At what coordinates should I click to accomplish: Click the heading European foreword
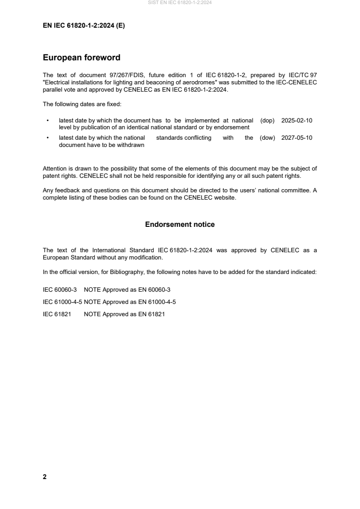pyautogui.click(x=81, y=58)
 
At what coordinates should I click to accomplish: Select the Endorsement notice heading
pyautogui.click(x=180, y=225)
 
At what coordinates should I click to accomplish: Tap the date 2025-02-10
pyautogui.click(x=297, y=121)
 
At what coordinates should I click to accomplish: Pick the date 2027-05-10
pyautogui.click(x=297, y=138)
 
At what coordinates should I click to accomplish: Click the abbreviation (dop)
pyautogui.click(x=268, y=121)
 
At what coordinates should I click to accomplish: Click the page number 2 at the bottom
pyautogui.click(x=44, y=477)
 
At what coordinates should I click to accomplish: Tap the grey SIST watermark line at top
pyautogui.click(x=180, y=3)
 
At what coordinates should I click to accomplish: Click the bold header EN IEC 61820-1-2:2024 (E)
pyautogui.click(x=84, y=26)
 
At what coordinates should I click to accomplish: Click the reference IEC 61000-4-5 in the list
pyautogui.click(x=62, y=301)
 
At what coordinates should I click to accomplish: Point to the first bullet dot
pyautogui.click(x=48, y=121)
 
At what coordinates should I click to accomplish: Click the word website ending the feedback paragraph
pyautogui.click(x=225, y=197)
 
